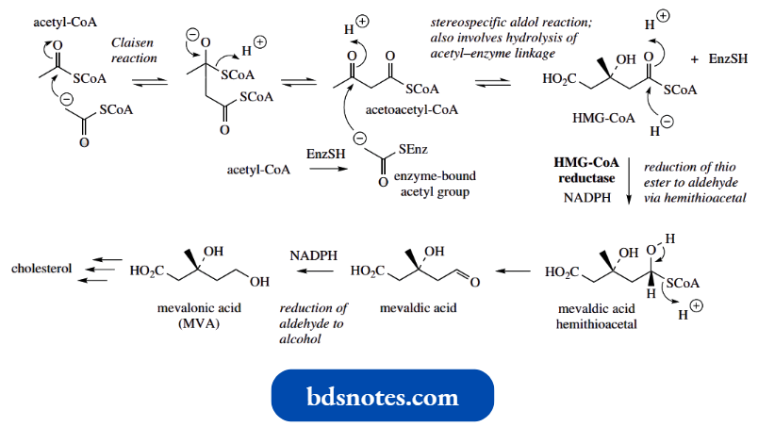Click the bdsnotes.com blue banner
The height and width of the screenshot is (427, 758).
[382, 395]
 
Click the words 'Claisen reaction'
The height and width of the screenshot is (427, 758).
[133, 51]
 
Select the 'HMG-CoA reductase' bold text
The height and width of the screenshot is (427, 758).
[585, 169]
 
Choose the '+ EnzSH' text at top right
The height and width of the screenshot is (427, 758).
[718, 59]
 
